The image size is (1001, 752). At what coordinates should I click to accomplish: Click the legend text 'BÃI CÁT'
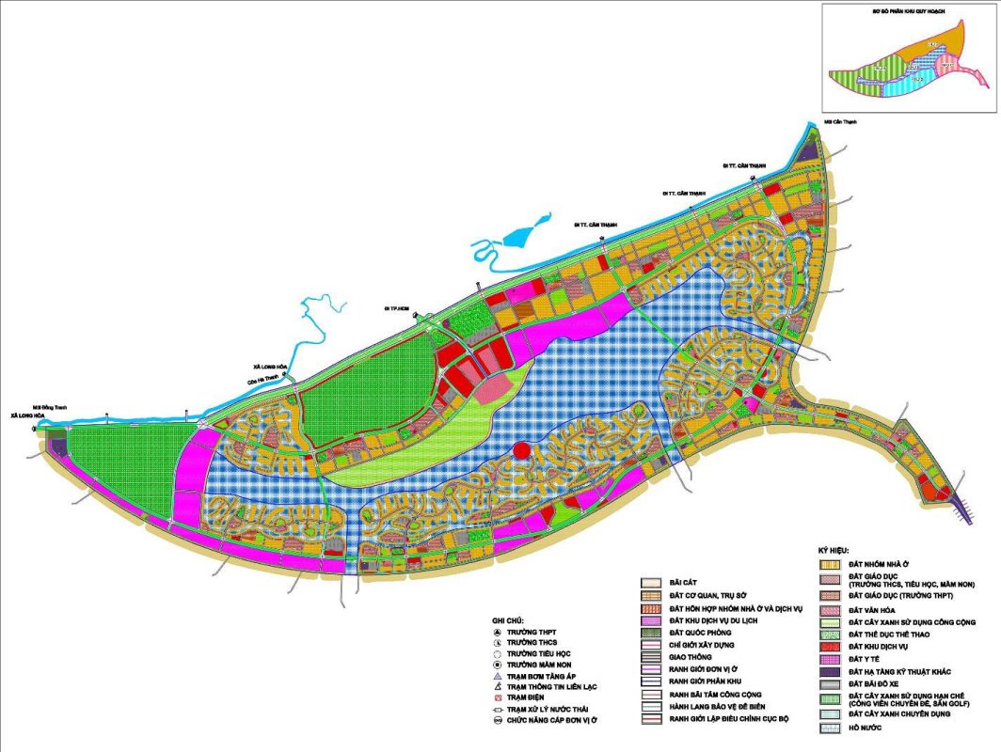pos(683,582)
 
